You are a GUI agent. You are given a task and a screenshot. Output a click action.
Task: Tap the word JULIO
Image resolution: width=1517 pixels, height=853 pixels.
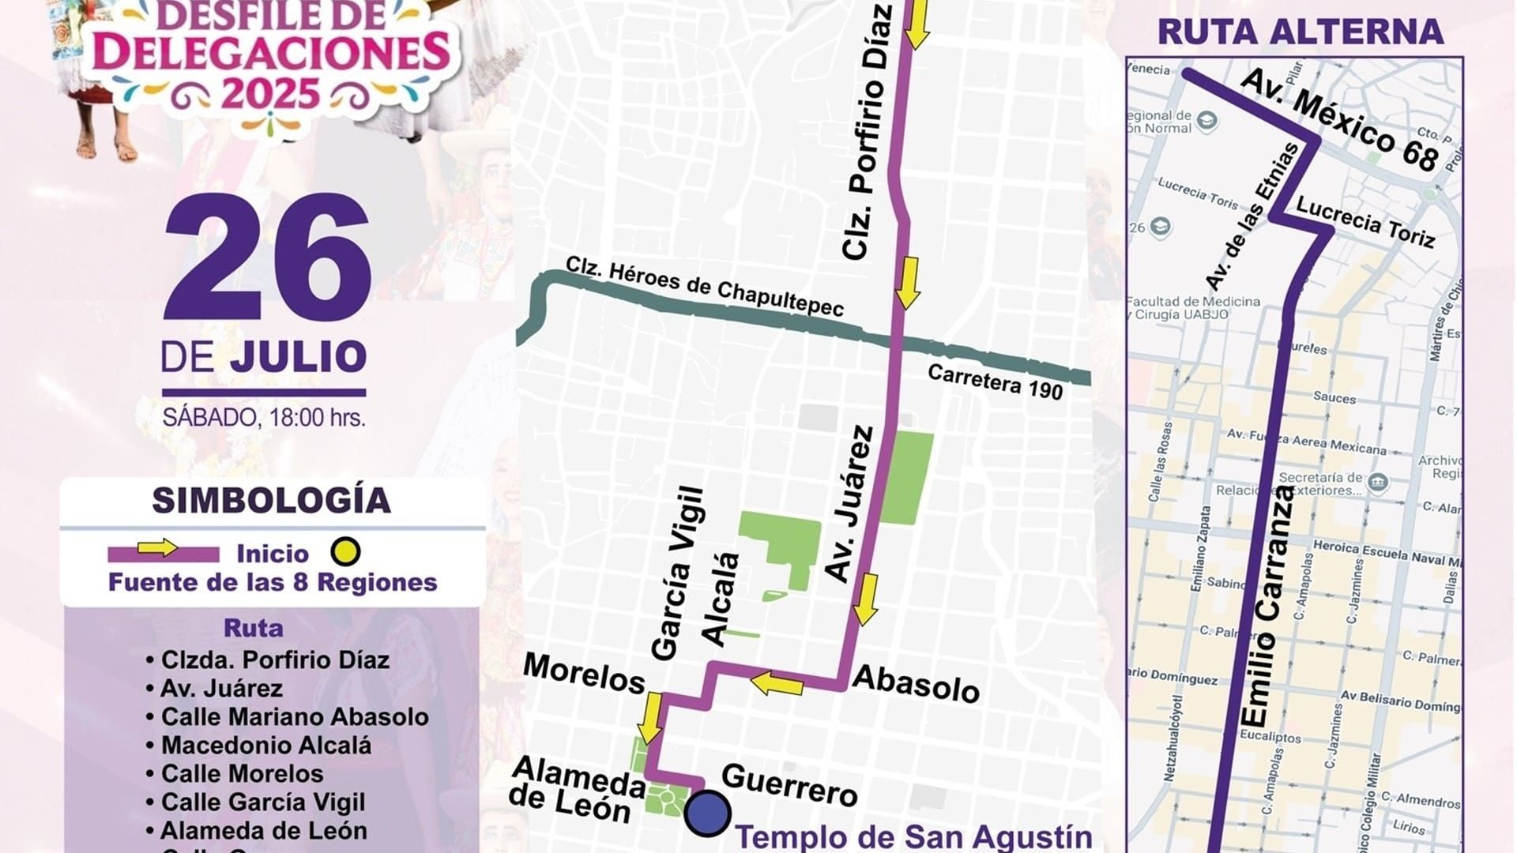pos(299,357)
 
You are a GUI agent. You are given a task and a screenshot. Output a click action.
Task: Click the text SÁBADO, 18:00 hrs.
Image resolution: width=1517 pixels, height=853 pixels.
pos(264,417)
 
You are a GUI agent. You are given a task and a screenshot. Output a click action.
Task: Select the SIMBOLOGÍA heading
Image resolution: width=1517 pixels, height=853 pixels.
pos(271,501)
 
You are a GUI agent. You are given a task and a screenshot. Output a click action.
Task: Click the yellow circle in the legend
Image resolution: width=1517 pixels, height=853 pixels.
pos(345,552)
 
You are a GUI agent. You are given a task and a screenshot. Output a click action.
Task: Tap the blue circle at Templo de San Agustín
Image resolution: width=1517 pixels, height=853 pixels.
pos(707,814)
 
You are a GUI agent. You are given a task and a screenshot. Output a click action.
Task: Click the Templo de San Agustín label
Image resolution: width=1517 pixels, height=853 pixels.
pos(913,837)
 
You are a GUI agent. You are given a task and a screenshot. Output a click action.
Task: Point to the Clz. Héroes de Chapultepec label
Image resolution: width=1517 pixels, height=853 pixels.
pos(705,287)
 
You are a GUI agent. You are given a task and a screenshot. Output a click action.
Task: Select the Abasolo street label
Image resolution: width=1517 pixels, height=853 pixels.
pos(916,684)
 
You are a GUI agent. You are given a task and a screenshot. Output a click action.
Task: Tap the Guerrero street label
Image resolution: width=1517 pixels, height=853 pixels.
pos(789,784)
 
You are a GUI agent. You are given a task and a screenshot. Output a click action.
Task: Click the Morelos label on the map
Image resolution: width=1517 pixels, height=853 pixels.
pos(584,674)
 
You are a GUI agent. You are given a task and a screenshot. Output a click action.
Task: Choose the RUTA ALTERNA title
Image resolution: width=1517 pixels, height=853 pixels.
pos(1300,32)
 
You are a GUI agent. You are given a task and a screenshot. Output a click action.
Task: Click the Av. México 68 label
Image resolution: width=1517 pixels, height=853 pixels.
pos(1340,120)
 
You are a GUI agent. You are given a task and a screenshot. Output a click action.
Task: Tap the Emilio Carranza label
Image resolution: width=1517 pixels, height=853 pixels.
pos(1267,607)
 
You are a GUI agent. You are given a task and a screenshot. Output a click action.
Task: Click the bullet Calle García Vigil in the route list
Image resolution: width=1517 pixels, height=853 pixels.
pos(262,802)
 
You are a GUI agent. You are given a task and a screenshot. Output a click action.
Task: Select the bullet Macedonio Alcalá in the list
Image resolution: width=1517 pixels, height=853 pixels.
pos(265,746)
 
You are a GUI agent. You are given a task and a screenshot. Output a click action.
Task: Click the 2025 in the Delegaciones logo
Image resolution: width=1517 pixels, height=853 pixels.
pos(269,94)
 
